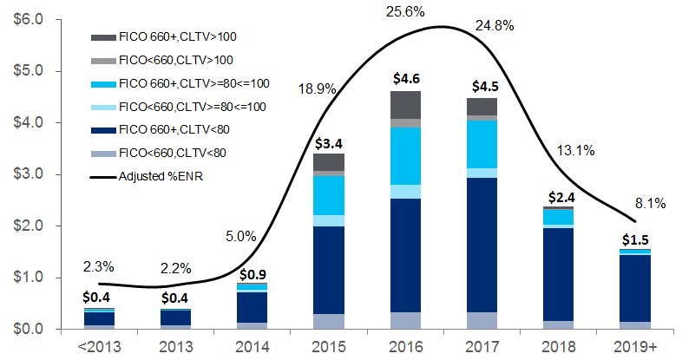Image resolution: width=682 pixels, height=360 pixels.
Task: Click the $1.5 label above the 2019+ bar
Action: tap(639, 239)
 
